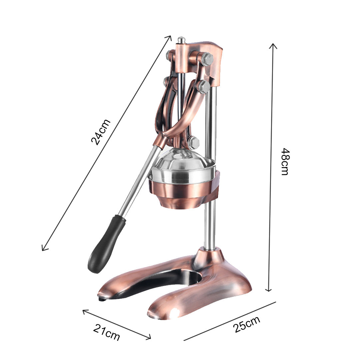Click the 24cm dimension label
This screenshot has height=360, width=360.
click(x=100, y=132)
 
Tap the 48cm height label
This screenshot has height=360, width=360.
click(x=285, y=161)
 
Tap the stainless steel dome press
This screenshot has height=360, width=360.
click(x=182, y=163)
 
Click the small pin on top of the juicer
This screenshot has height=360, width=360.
click(x=181, y=40)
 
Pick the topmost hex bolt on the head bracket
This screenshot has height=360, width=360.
click(x=207, y=59)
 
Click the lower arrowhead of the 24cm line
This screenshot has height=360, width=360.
click(x=43, y=249)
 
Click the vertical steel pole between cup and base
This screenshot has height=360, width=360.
click(x=210, y=227)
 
